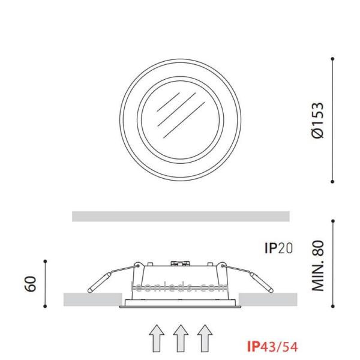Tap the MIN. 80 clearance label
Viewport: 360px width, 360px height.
pos(318,266)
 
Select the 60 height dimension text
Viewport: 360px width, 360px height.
pos(31,283)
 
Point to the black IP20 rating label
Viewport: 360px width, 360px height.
pos(278,248)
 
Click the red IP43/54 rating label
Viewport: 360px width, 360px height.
pos(272,346)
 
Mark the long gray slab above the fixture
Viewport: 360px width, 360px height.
pos(180,216)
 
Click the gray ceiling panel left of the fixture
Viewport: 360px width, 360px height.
pos(92,298)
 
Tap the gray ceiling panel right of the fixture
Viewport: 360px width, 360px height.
pos(268,298)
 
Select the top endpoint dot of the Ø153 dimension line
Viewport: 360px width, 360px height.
pos(333,59)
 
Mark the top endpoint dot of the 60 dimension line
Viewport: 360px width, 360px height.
pos(45,261)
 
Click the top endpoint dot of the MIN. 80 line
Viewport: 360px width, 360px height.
pos(333,220)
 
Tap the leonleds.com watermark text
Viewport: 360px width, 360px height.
pos(180,287)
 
